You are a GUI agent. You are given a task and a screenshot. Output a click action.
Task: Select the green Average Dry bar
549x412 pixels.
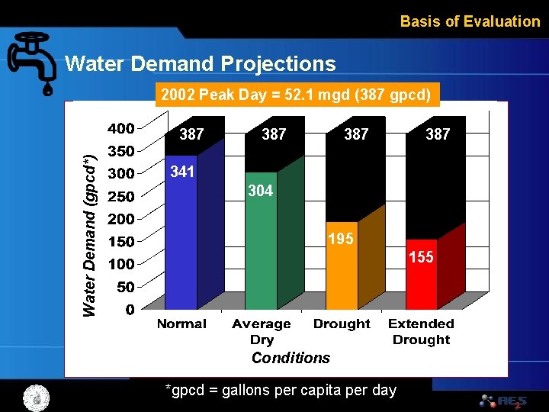coord(261,256)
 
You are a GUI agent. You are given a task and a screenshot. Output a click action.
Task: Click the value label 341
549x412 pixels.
coord(182,172)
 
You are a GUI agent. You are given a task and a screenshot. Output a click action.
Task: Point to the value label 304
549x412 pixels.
coord(260,191)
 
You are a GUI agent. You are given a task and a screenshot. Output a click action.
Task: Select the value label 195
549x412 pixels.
coord(340,239)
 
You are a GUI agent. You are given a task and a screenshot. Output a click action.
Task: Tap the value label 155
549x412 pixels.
coord(420,257)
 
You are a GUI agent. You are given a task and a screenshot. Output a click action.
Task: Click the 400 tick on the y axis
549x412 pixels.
coord(120,128)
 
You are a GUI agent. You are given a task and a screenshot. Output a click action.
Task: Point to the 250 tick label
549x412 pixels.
coord(120,196)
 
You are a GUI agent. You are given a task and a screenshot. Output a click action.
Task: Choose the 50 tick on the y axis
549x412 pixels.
coord(125,287)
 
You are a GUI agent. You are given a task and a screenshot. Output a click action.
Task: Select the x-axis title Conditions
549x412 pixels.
coord(291,358)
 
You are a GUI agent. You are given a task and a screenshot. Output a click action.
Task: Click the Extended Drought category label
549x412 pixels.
coord(421,331)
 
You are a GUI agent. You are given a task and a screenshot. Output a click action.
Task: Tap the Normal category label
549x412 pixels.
coord(181,323)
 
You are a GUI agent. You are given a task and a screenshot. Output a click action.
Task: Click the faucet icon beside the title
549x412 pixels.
coord(32,62)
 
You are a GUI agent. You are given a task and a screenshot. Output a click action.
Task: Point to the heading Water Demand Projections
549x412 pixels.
coord(201,63)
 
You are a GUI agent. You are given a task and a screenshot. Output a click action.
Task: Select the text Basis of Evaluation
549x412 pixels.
coord(470,21)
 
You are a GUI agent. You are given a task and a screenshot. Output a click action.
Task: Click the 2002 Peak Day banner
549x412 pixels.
coord(297,95)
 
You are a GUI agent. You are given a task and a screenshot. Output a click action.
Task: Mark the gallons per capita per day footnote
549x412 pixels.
coord(281,390)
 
